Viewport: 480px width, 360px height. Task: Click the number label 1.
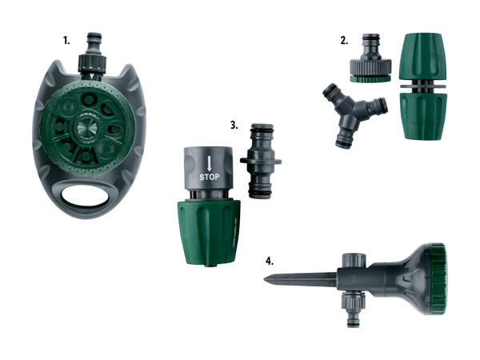coord(66,41)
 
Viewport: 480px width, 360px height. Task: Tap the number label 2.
coord(344,41)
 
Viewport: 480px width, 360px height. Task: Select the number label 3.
coord(234,126)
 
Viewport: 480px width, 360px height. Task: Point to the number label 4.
coord(270,261)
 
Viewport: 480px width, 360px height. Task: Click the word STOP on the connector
coord(210,177)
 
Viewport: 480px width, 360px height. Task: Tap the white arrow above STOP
coord(210,163)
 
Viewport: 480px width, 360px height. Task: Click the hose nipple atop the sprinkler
coord(94,43)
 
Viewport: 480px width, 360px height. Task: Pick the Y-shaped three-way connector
coord(354,114)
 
